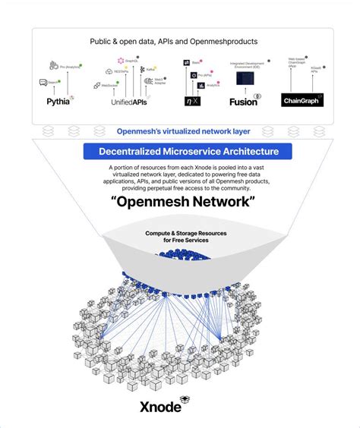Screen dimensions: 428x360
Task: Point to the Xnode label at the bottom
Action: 159,407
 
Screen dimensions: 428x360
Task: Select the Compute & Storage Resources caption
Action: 181,238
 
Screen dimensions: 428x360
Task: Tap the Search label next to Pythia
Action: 53,82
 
